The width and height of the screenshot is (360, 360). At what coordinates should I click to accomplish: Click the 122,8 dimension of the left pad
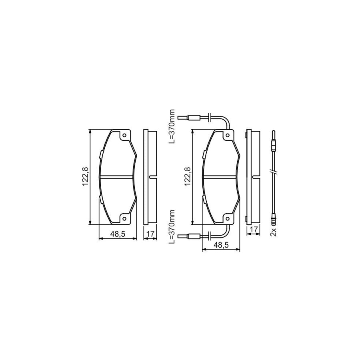(x=85, y=177)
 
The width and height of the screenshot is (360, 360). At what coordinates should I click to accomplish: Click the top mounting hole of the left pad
(x=124, y=136)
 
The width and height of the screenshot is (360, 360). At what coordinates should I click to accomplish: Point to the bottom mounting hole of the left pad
(x=124, y=218)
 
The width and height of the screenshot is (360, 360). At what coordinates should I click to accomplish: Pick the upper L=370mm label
(x=172, y=126)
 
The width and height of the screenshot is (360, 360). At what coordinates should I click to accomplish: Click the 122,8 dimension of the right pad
(x=187, y=177)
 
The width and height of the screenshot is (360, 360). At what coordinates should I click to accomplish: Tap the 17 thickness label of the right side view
(x=253, y=229)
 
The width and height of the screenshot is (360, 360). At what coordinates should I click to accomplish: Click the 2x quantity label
(x=274, y=231)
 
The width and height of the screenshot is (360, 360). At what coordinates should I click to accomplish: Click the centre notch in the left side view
(x=150, y=177)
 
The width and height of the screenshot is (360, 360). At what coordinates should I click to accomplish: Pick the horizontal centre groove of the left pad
(x=118, y=176)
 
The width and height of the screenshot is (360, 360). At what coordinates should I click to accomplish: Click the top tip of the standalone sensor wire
(x=274, y=133)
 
